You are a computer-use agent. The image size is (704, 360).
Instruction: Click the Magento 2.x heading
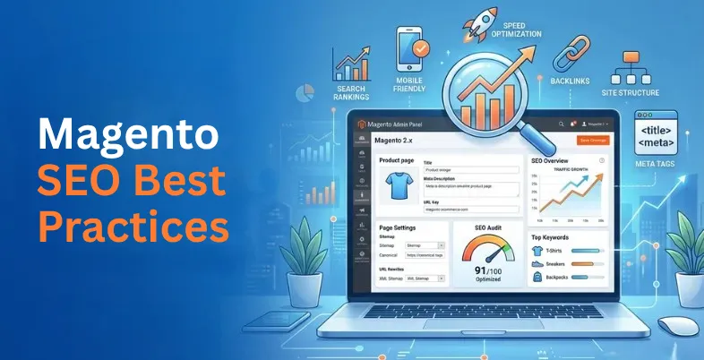(399, 141)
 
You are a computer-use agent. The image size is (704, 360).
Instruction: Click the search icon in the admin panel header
(559, 124)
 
